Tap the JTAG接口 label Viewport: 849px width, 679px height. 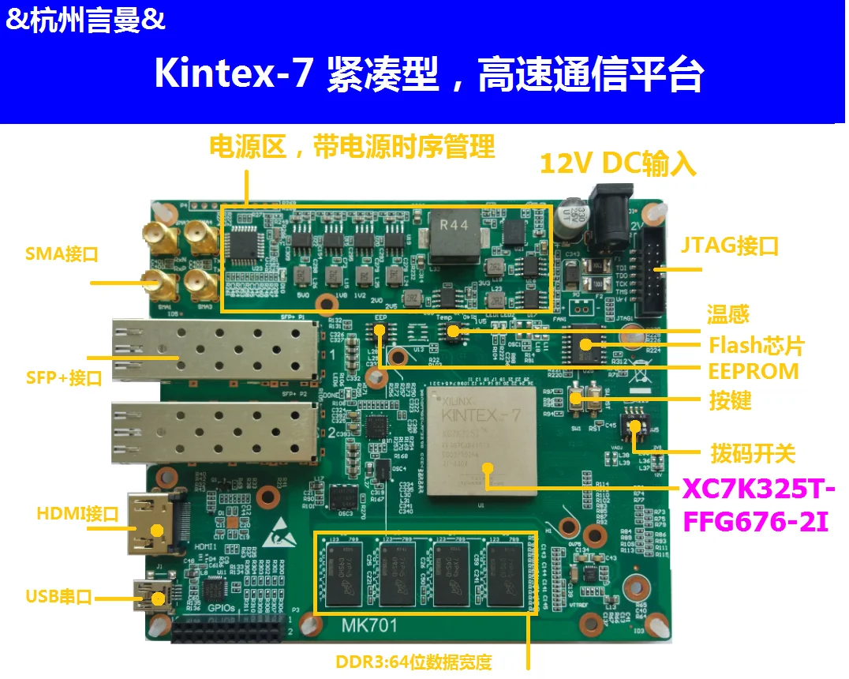coord(729,246)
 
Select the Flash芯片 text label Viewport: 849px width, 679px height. coord(756,344)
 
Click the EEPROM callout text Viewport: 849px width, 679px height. coord(753,371)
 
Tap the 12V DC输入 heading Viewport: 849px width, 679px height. coord(618,163)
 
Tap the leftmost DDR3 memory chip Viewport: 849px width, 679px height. coord(345,575)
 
